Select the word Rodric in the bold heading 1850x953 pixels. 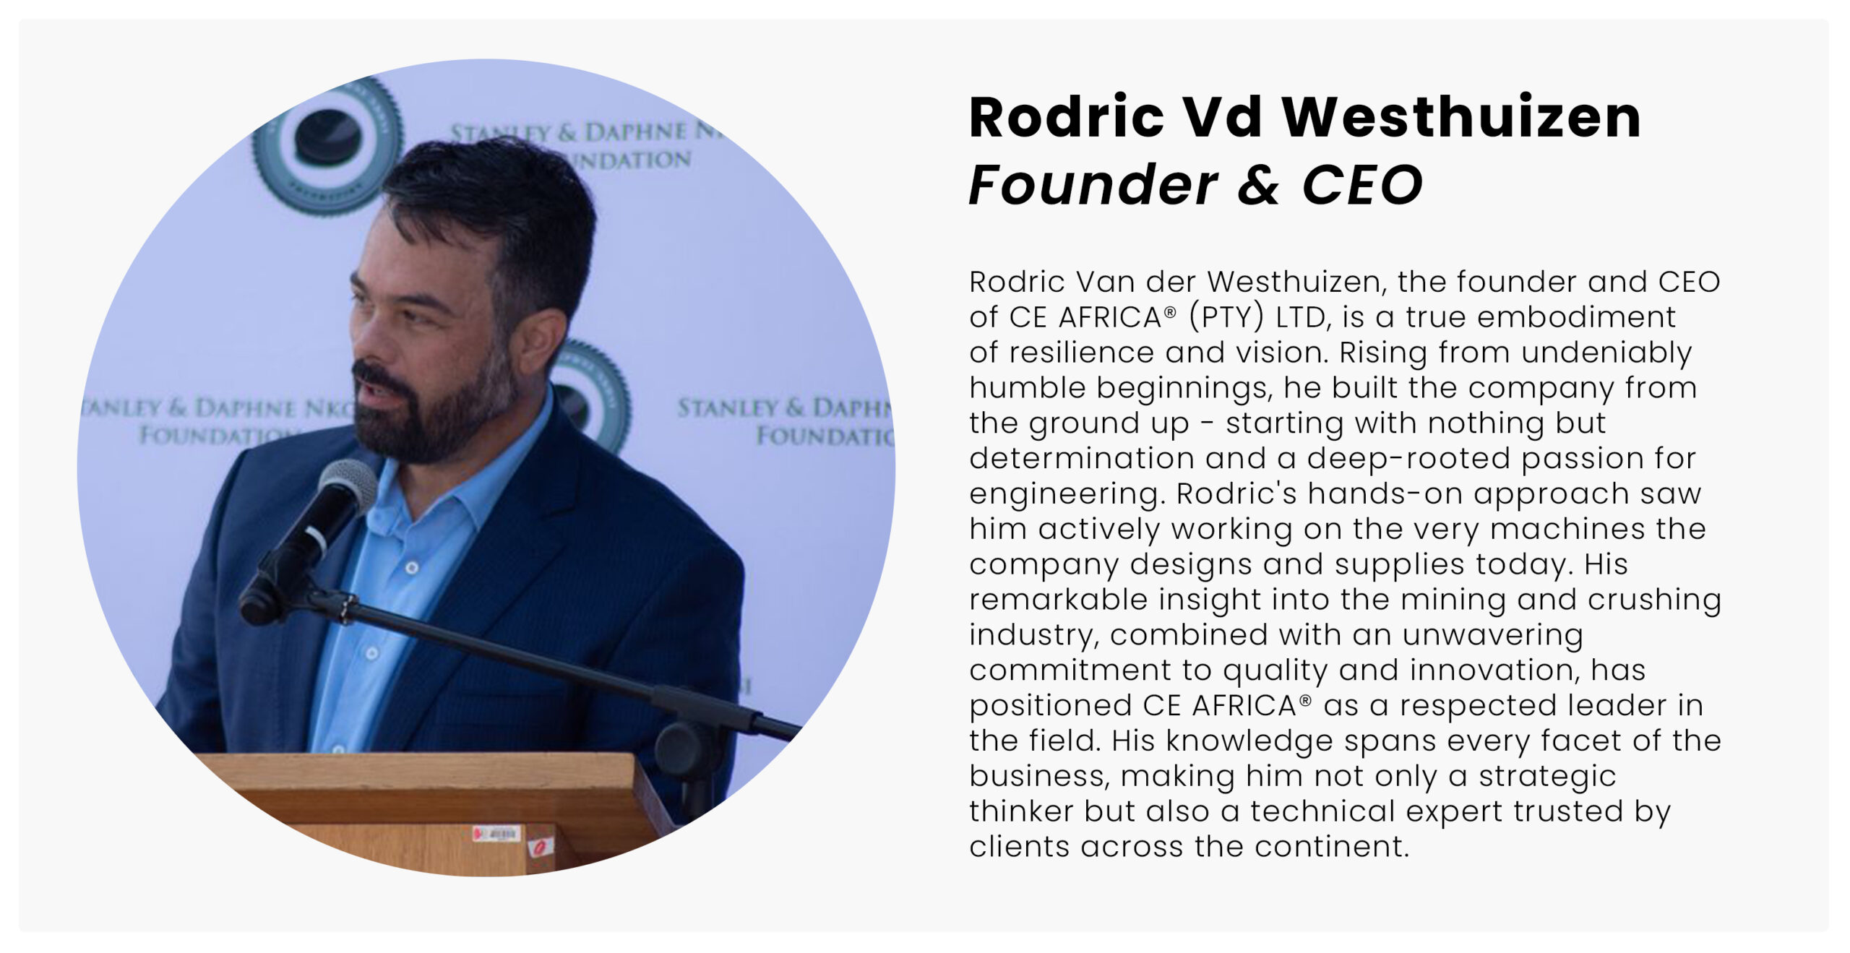click(1067, 117)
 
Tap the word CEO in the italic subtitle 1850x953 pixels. click(1362, 185)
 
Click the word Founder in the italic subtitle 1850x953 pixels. click(1093, 185)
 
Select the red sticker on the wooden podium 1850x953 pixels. click(541, 845)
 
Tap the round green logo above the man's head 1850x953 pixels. click(327, 147)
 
